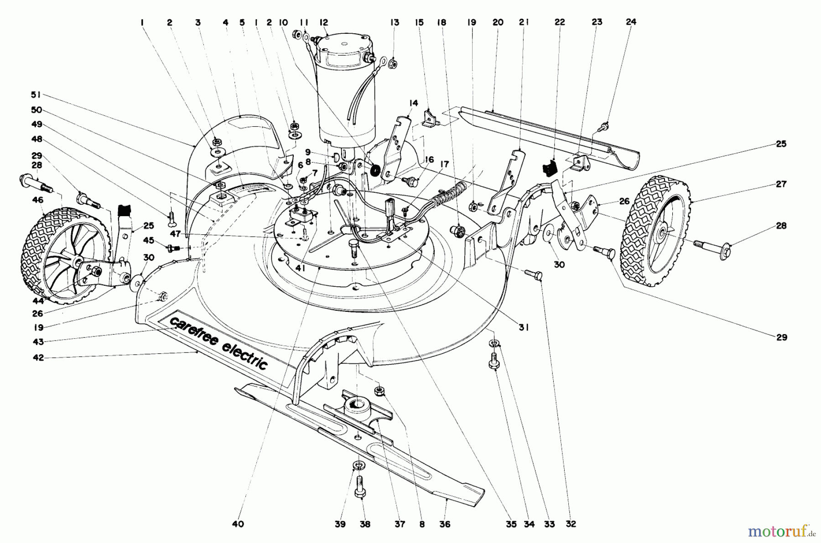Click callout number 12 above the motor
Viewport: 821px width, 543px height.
pos(324,22)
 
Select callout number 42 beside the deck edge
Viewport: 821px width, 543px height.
pos(38,358)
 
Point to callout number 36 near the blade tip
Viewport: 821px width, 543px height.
pos(444,524)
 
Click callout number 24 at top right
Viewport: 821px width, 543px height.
pos(631,21)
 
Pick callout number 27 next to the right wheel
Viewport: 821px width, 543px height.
pos(781,184)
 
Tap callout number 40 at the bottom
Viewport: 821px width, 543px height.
pos(238,524)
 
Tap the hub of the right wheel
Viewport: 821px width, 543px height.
pos(662,233)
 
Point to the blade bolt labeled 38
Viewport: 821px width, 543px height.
pos(359,486)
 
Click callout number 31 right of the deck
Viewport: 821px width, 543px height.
pos(523,327)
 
